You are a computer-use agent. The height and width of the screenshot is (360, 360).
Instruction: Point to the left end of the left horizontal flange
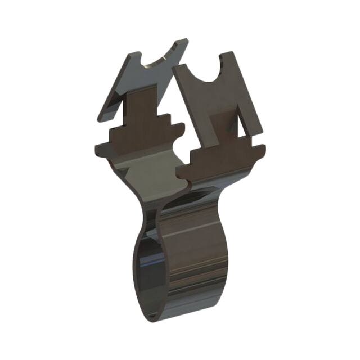click(x=97, y=149)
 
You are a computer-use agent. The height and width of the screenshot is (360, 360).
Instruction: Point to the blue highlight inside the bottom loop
click(x=147, y=264)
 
